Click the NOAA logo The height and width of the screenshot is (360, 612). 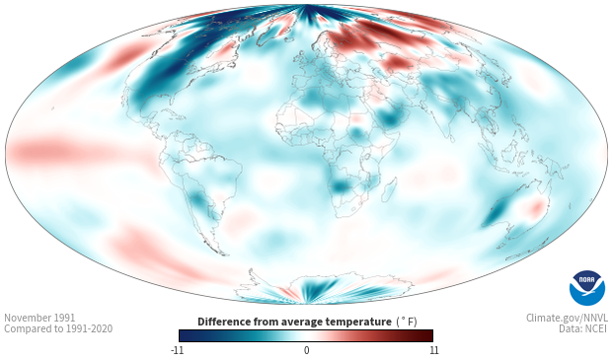[587, 288]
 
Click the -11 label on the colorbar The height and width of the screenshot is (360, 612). [178, 350]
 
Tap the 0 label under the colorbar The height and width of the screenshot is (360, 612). [306, 350]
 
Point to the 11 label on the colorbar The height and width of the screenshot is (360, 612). [434, 350]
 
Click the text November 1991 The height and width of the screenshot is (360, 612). [39, 318]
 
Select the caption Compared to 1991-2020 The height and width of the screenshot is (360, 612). [58, 328]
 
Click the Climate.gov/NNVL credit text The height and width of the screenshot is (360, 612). [567, 318]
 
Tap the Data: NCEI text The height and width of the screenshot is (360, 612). [583, 328]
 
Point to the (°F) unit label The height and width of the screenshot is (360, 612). [407, 322]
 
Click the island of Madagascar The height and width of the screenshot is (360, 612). [389, 189]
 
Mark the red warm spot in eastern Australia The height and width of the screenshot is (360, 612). [537, 208]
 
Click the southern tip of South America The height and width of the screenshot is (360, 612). [223, 253]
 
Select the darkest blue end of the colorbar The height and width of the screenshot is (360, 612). [184, 335]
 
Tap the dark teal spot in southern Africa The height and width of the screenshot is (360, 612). [342, 185]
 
